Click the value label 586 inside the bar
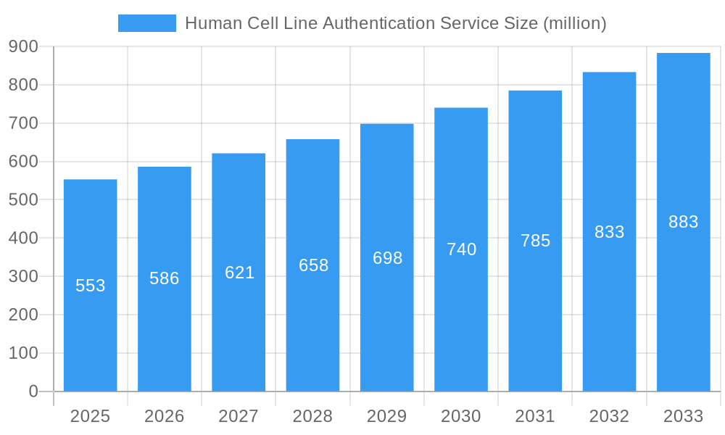tap(165, 278)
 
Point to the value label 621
tap(239, 273)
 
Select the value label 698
tap(387, 258)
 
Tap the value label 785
tap(535, 241)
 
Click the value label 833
tap(609, 232)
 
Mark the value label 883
tap(683, 222)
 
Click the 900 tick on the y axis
tap(23, 47)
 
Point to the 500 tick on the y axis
tap(23, 200)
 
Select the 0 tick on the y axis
tap(33, 391)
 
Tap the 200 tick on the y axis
tap(23, 315)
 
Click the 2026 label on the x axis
tap(165, 416)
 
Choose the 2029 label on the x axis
tap(387, 416)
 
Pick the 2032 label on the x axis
tap(609, 416)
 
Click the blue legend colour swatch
tap(147, 23)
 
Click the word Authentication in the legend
tap(378, 23)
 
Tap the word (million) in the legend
tap(575, 23)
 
